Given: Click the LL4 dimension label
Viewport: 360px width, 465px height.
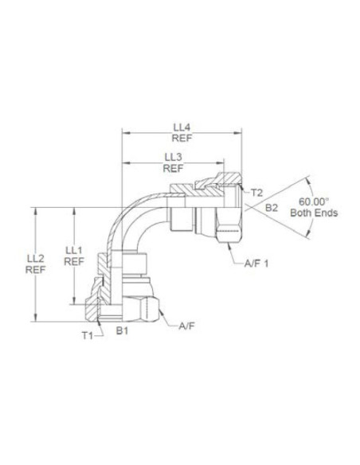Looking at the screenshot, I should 182,127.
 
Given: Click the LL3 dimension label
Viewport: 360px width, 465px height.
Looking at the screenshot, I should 173,157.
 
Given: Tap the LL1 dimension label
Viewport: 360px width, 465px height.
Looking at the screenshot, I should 74,249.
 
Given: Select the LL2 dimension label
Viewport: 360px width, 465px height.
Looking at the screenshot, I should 35,258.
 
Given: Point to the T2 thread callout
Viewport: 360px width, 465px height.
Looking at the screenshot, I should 256,193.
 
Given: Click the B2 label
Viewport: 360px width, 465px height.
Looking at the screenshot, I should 272,207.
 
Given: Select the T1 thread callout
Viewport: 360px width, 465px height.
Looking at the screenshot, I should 88,335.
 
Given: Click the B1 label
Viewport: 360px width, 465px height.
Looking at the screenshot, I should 121,329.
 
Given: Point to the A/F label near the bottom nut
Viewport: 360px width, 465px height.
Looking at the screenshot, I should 187,326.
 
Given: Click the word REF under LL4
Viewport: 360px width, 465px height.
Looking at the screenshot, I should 182,138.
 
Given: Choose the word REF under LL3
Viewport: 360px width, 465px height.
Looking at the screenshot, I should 173,168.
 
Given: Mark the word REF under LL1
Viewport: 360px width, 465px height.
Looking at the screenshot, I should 74,260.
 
